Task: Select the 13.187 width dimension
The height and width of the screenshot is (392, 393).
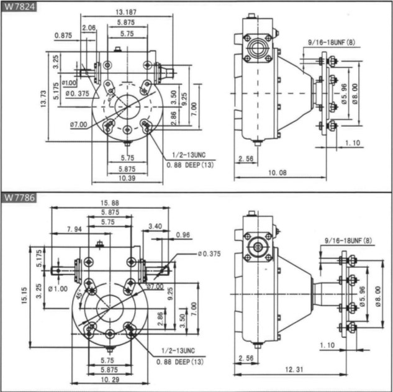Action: tap(127, 12)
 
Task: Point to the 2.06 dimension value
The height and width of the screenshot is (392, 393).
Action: tap(89, 29)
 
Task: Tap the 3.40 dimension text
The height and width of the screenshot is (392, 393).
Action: tap(155, 226)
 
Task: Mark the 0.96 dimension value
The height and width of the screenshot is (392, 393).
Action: tap(183, 235)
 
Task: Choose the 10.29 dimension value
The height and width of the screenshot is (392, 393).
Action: tap(109, 380)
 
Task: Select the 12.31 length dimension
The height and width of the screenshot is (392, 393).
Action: tap(294, 370)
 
